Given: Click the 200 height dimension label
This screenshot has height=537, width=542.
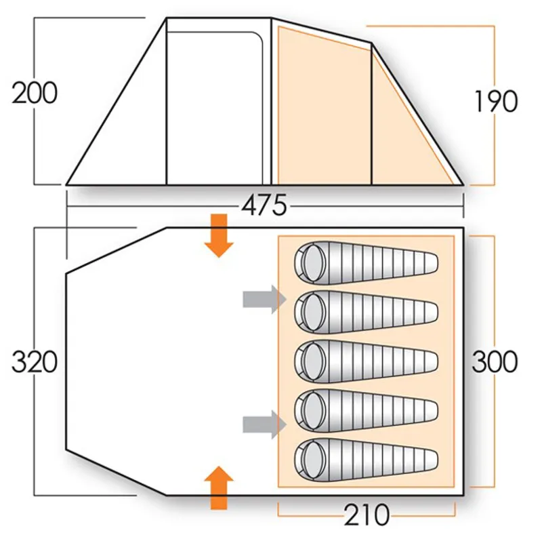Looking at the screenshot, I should pyautogui.click(x=35, y=93).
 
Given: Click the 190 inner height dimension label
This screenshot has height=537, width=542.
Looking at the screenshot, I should pyautogui.click(x=495, y=102).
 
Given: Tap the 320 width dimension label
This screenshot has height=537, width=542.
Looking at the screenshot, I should pyautogui.click(x=35, y=362).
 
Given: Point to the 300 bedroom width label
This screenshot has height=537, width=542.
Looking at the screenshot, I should pyautogui.click(x=495, y=362).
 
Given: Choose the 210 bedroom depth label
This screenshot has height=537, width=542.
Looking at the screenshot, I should pyautogui.click(x=366, y=515).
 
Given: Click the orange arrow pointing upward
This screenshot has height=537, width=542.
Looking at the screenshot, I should pyautogui.click(x=218, y=487).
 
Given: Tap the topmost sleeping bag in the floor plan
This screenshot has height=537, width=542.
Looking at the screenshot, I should pyautogui.click(x=366, y=263).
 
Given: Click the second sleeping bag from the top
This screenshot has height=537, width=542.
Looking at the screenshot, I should pyautogui.click(x=366, y=313).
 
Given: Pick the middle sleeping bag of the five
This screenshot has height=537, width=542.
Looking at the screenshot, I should pyautogui.click(x=366, y=361).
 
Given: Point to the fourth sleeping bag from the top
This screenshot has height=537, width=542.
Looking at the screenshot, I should pyautogui.click(x=366, y=410).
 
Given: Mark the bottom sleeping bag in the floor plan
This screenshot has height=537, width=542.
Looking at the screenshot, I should pyautogui.click(x=366, y=459).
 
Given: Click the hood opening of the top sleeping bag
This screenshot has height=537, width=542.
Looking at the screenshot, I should pyautogui.click(x=312, y=263).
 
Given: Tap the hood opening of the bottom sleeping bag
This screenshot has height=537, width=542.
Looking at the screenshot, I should pyautogui.click(x=312, y=459).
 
